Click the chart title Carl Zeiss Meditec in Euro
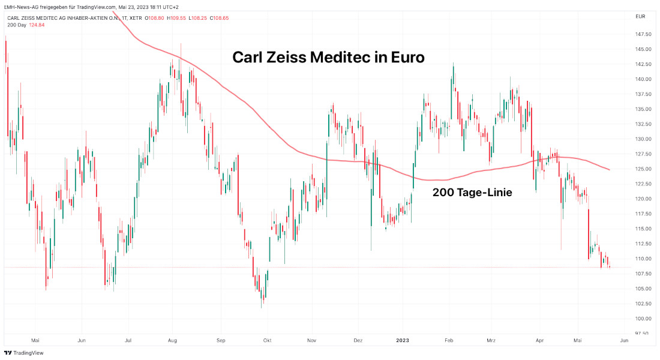(328, 58)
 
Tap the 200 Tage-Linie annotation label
(472, 193)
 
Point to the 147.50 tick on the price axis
(643, 35)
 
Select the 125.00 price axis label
(643, 169)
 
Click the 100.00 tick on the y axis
(643, 319)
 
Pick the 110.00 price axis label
(643, 259)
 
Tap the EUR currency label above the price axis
(640, 16)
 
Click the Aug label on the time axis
(173, 340)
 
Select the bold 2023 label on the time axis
(402, 340)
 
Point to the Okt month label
(266, 340)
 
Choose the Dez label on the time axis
(358, 340)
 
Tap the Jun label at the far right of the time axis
(623, 340)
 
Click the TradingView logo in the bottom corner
(23, 353)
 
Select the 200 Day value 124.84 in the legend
(37, 25)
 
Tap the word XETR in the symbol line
(137, 17)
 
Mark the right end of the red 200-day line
(610, 170)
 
